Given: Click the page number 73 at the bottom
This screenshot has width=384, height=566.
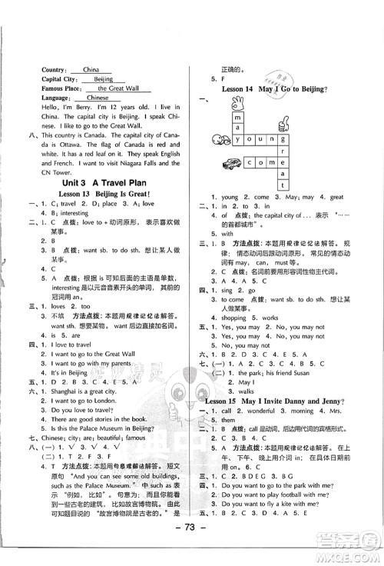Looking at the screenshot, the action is click(x=190, y=548).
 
